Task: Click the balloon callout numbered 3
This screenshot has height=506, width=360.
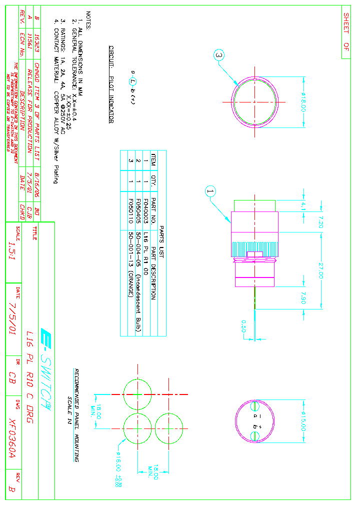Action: click(219, 55)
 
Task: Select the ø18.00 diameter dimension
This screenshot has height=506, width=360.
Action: click(303, 102)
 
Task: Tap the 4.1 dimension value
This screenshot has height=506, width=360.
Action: click(303, 206)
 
